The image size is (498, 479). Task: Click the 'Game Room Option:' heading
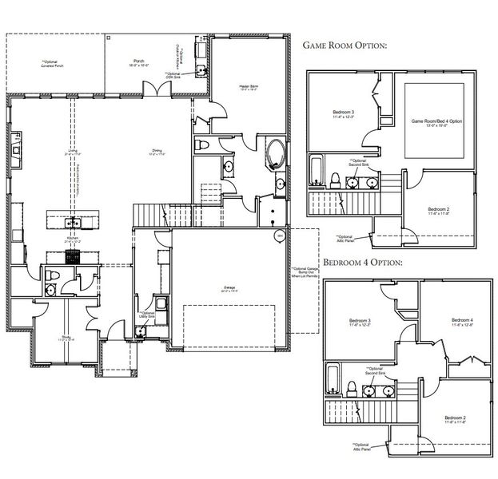[x=345, y=46]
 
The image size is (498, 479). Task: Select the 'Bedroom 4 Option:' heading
[x=361, y=262]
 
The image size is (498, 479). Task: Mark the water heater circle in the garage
[x=280, y=236]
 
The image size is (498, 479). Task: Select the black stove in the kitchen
[x=72, y=256]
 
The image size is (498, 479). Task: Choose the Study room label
[x=67, y=338]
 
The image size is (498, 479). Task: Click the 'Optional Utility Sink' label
[x=148, y=315]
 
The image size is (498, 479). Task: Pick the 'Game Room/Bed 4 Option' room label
[x=436, y=123]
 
